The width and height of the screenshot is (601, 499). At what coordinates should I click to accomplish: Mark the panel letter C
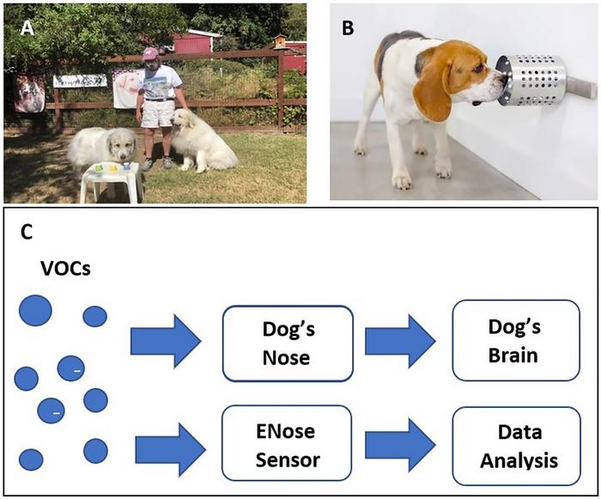click(28, 233)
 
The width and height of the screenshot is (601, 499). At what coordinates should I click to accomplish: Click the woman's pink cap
click(151, 53)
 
